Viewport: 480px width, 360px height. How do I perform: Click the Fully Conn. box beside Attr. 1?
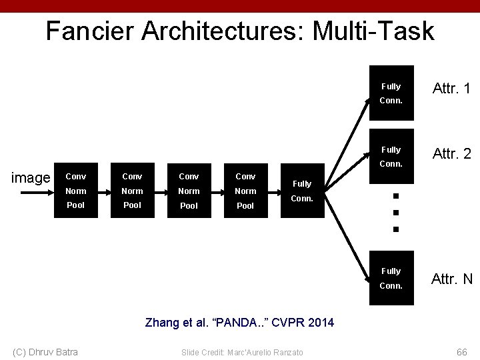tap(391, 93)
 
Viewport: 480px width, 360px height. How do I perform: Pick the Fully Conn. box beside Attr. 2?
tap(391, 157)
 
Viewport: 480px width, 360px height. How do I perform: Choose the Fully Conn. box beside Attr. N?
tap(391, 278)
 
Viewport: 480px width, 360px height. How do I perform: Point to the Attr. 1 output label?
tap(451, 88)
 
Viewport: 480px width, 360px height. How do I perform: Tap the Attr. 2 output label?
tap(451, 154)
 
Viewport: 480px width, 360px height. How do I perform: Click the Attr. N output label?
tap(451, 279)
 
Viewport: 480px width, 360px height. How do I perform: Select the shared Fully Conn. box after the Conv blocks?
tap(302, 191)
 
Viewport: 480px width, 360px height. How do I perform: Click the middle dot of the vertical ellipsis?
tap(395, 213)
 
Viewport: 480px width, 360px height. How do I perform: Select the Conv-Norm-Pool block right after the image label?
tap(76, 191)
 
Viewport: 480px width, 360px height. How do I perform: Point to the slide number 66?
tap(461, 351)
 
